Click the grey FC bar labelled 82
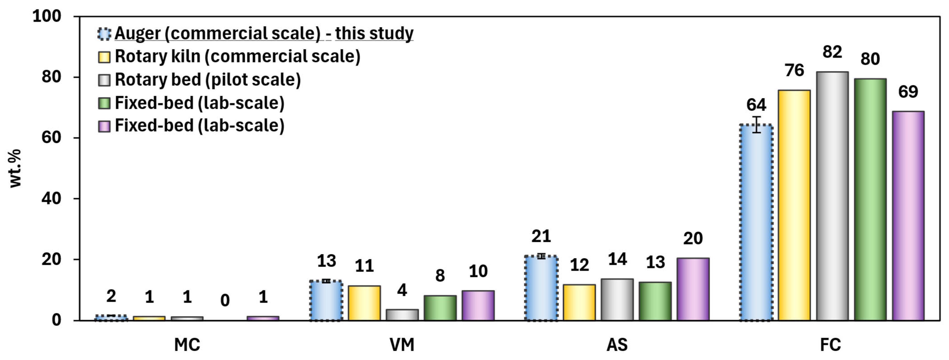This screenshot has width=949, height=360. point(832,196)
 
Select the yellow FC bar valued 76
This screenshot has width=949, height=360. point(794,205)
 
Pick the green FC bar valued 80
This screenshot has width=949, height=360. point(870,199)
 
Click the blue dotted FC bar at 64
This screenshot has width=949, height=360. point(756,223)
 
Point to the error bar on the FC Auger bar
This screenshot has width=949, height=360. point(756,124)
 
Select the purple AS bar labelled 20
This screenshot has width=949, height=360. point(693,289)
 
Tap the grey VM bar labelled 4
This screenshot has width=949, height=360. point(402,315)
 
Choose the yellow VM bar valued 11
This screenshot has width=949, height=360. point(364,303)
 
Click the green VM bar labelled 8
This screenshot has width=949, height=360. point(440,308)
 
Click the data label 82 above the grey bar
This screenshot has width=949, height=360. point(832,52)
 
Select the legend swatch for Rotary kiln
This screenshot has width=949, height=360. point(104,57)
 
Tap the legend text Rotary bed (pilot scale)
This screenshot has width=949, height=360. point(208,80)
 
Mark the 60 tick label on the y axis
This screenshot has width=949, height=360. point(51,137)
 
